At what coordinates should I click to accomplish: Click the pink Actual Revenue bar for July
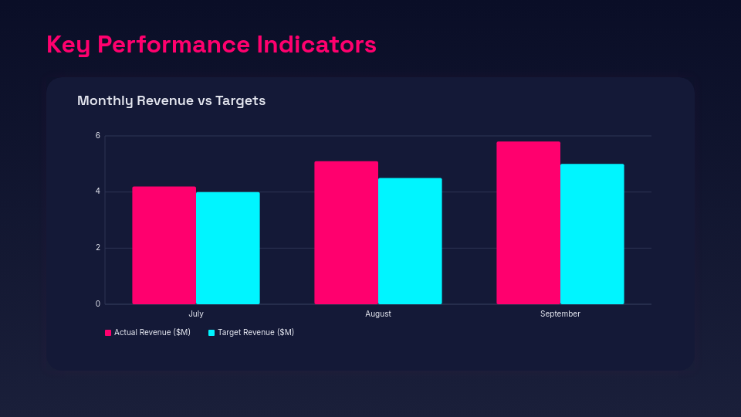164,246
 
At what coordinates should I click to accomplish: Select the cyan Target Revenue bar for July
228,248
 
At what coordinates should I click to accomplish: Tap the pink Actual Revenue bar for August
346,232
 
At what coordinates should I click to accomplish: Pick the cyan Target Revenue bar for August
410,241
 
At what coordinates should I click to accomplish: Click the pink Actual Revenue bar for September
528,222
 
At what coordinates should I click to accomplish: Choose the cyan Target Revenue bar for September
592,234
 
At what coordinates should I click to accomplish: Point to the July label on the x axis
196,314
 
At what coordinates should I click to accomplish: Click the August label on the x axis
378,314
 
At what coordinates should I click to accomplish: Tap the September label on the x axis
560,314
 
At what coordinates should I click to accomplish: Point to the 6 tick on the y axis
98,136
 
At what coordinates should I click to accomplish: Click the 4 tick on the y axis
98,192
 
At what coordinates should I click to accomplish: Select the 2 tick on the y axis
98,248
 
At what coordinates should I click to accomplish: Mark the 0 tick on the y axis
98,304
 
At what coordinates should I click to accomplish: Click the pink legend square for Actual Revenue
108,333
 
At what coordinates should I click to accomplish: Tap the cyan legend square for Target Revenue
211,333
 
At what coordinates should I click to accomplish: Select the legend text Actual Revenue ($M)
152,333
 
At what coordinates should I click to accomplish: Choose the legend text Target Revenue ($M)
255,333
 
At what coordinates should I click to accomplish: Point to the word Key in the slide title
69,45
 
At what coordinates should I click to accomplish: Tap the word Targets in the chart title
240,101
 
